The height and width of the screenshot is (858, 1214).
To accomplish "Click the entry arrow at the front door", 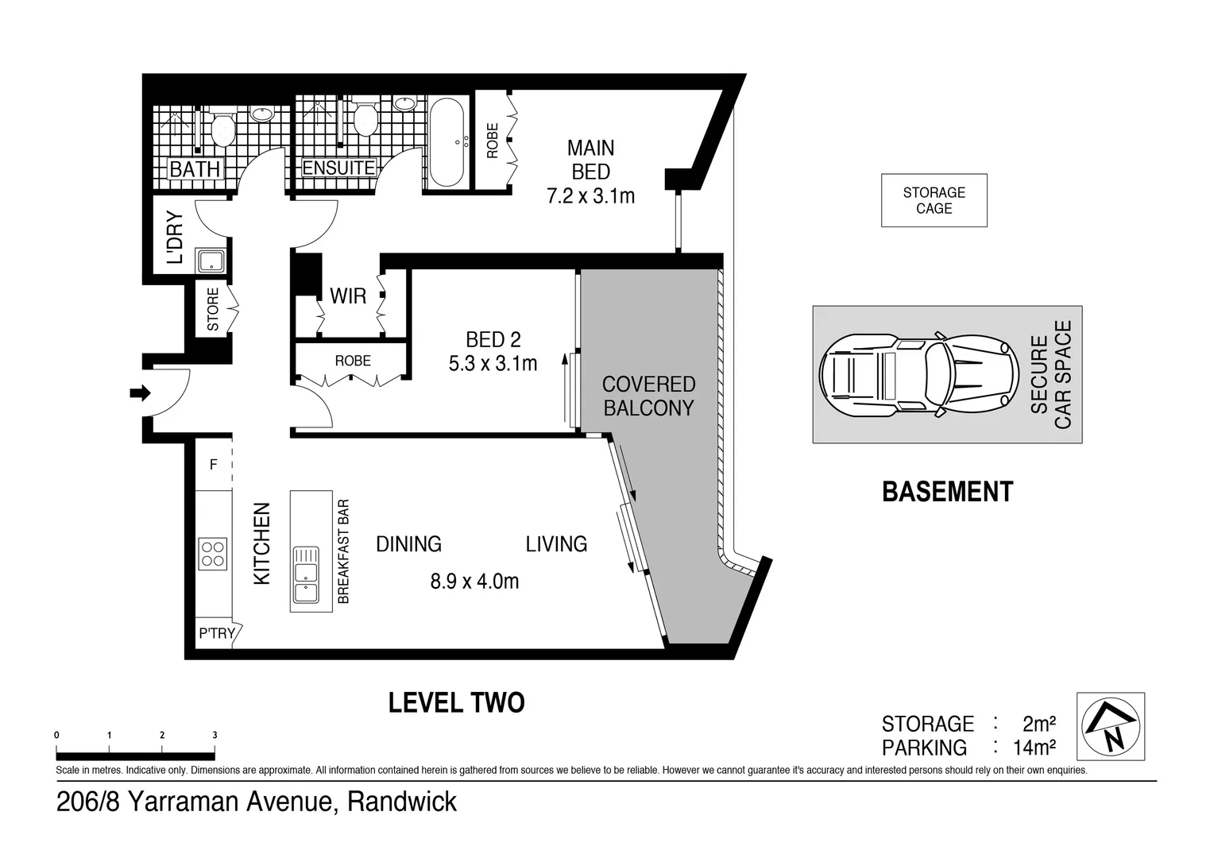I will coord(141,392).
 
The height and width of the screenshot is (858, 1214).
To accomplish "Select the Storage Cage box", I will coord(934,200).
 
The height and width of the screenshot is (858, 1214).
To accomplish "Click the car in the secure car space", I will coord(918,374).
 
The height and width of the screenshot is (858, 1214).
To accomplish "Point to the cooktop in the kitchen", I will coord(212,553).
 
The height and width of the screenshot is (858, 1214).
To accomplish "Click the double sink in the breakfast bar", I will coord(305,575).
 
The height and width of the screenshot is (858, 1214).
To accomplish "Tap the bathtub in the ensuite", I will coord(450,141).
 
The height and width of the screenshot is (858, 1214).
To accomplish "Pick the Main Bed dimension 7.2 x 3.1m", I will coord(590,196).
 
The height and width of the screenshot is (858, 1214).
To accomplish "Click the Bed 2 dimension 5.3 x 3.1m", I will coord(493,364).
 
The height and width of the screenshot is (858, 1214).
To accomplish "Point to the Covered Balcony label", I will coord(648,396).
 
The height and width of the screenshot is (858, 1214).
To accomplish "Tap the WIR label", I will coord(348,296).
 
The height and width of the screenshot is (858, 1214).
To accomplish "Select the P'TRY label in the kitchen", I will coord(216,633).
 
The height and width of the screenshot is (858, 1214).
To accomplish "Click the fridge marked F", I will coord(213,465).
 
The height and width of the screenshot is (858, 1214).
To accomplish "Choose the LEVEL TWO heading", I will coord(456,703).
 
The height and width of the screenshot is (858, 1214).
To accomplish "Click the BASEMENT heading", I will coord(947,492).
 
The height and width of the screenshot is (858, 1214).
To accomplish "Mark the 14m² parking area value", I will coord(1034,748).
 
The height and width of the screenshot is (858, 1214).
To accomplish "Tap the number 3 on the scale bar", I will coord(215,736).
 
